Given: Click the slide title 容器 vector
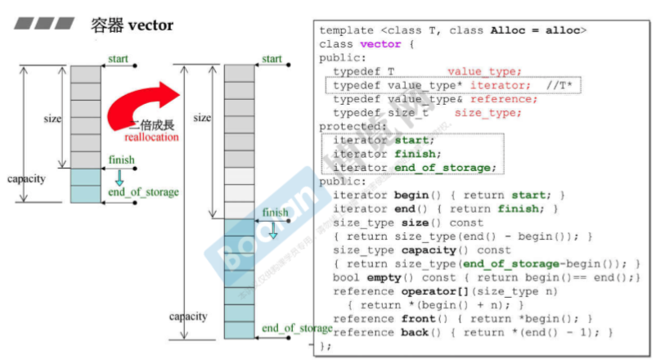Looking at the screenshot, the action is tap(132, 25).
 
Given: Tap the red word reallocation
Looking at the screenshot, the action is tap(151, 137).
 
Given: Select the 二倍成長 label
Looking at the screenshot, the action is tap(150, 126).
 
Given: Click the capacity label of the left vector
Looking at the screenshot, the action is tap(26, 178).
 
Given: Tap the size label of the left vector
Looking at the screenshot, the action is tap(52, 119).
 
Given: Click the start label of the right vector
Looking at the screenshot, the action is tap(272, 59).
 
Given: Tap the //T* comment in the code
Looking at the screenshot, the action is tap(560, 85).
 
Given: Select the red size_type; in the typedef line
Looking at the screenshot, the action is tap(483, 113).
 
